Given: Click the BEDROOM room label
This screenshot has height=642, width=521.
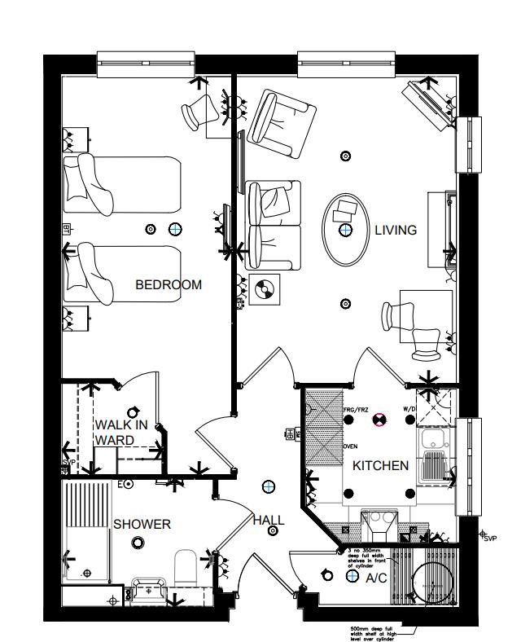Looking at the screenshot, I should [x=168, y=285].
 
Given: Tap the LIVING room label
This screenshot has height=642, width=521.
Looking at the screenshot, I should [x=395, y=231].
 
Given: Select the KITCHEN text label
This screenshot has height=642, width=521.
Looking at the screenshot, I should [x=380, y=466].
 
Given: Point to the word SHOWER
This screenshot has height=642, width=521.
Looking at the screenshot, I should [x=142, y=524].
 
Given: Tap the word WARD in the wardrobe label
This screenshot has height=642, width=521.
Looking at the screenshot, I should [x=114, y=441].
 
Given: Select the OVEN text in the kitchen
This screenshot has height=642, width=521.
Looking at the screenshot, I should [x=350, y=447].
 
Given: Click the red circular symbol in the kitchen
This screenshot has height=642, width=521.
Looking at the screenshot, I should [x=379, y=420].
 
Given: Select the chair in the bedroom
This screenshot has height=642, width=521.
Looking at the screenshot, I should [x=198, y=112].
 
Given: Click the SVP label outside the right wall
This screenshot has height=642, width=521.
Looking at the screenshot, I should [x=489, y=539].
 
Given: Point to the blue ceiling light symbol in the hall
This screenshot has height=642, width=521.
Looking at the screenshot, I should [x=267, y=486].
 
